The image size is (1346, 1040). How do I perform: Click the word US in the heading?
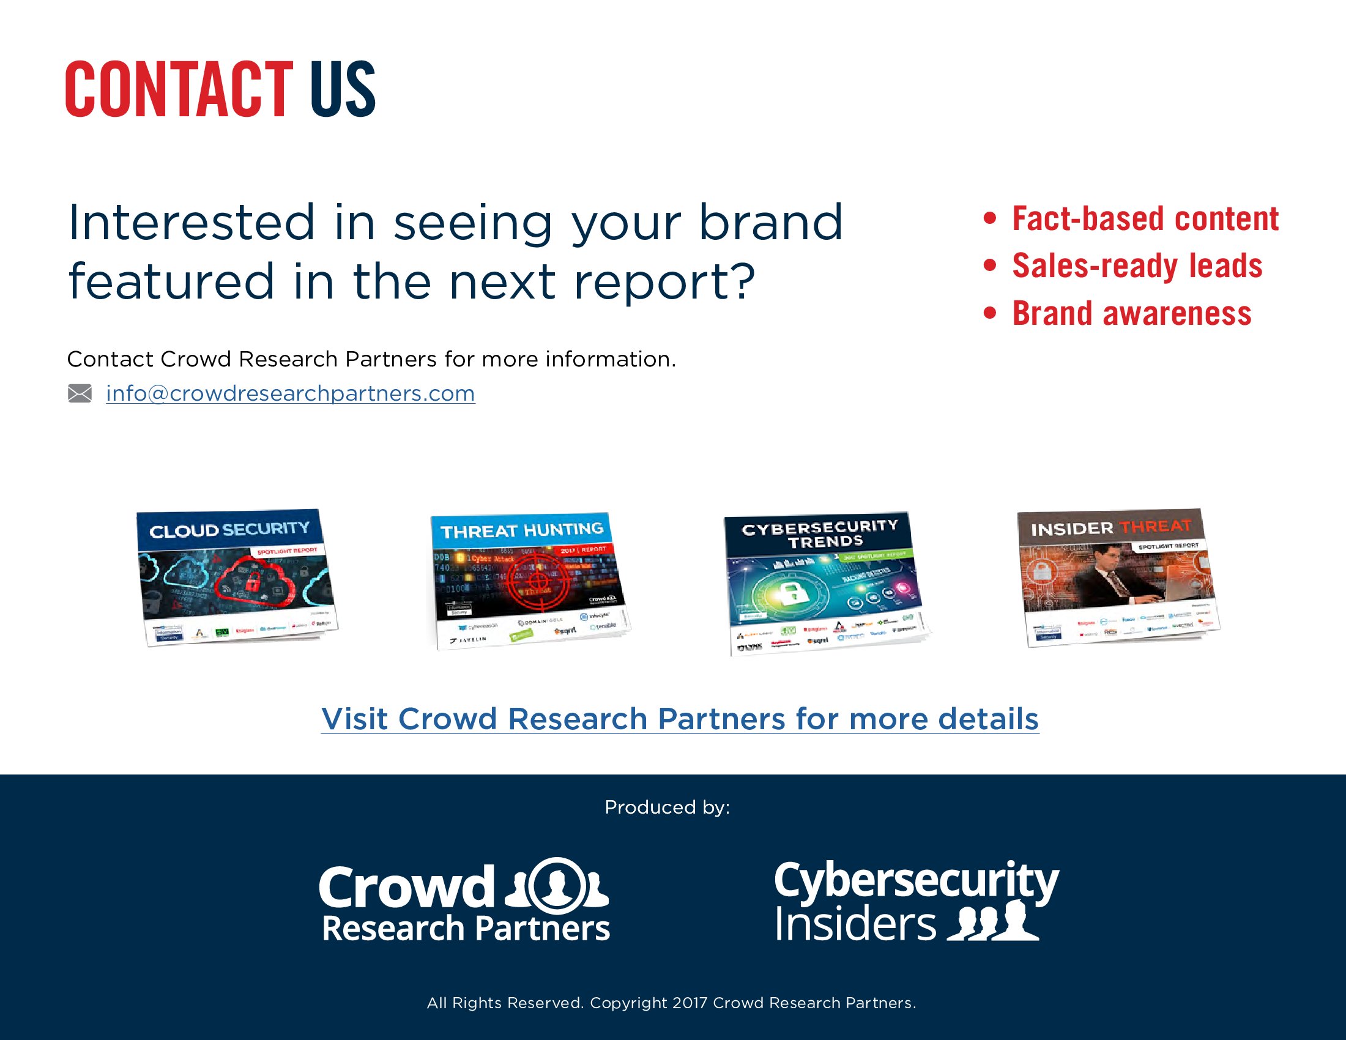tap(343, 89)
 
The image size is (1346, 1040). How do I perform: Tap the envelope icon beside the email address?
tap(80, 393)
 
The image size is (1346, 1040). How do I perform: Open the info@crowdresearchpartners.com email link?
tap(290, 393)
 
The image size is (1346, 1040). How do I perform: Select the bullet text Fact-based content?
tap(1145, 219)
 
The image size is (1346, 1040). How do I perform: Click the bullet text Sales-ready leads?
tap(1137, 266)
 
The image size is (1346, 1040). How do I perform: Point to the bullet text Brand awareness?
tap(1131, 313)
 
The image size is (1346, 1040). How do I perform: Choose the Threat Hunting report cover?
tap(529, 579)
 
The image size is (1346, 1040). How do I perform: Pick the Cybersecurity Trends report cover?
tap(825, 582)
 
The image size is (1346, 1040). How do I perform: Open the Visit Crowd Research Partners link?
tap(680, 719)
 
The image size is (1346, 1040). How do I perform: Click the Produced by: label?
tap(667, 807)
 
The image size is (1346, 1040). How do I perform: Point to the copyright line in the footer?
tap(671, 1003)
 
